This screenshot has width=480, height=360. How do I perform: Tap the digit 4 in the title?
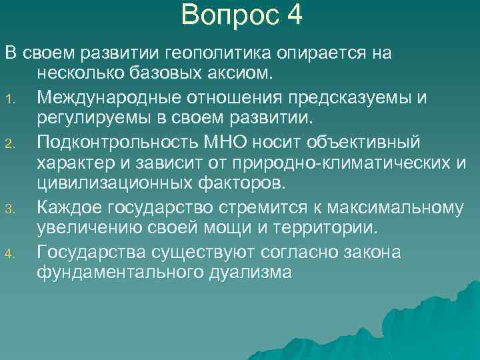click(x=294, y=15)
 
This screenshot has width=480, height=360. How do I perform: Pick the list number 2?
click(x=10, y=144)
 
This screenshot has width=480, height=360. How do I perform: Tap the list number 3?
click(x=10, y=211)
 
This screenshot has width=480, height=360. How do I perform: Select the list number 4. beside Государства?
click(x=10, y=254)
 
